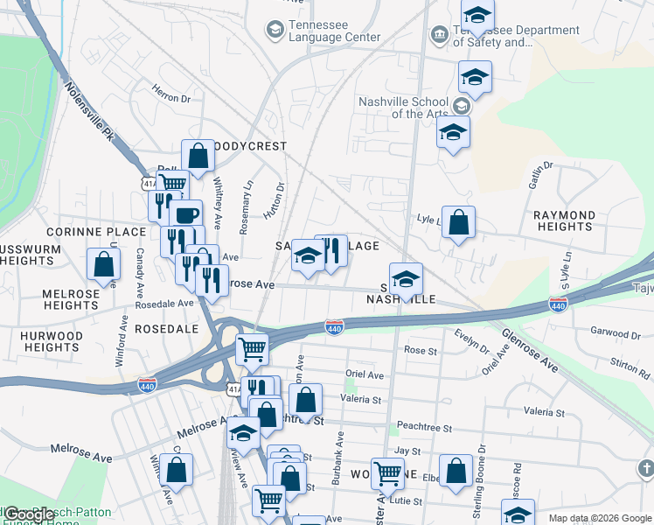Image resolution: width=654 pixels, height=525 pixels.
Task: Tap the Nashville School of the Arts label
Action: [403, 107]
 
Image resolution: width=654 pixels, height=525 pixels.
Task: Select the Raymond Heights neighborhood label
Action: [565, 220]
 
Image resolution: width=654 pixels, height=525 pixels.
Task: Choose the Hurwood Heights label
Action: [52, 341]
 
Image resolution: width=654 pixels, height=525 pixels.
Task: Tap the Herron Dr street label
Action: [170, 99]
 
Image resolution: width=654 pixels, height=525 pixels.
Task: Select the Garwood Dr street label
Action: [616, 333]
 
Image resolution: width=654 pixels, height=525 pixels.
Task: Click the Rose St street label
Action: [421, 350]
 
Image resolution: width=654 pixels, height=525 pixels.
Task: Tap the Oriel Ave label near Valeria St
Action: [365, 374]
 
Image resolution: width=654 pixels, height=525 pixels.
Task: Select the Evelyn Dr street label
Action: [473, 340]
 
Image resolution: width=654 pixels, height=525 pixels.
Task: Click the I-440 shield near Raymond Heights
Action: [558, 304]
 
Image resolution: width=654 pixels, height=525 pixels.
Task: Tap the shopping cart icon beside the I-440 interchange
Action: [253, 348]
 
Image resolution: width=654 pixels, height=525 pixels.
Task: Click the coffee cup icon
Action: [185, 214]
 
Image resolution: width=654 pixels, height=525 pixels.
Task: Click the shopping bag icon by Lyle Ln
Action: [458, 222]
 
